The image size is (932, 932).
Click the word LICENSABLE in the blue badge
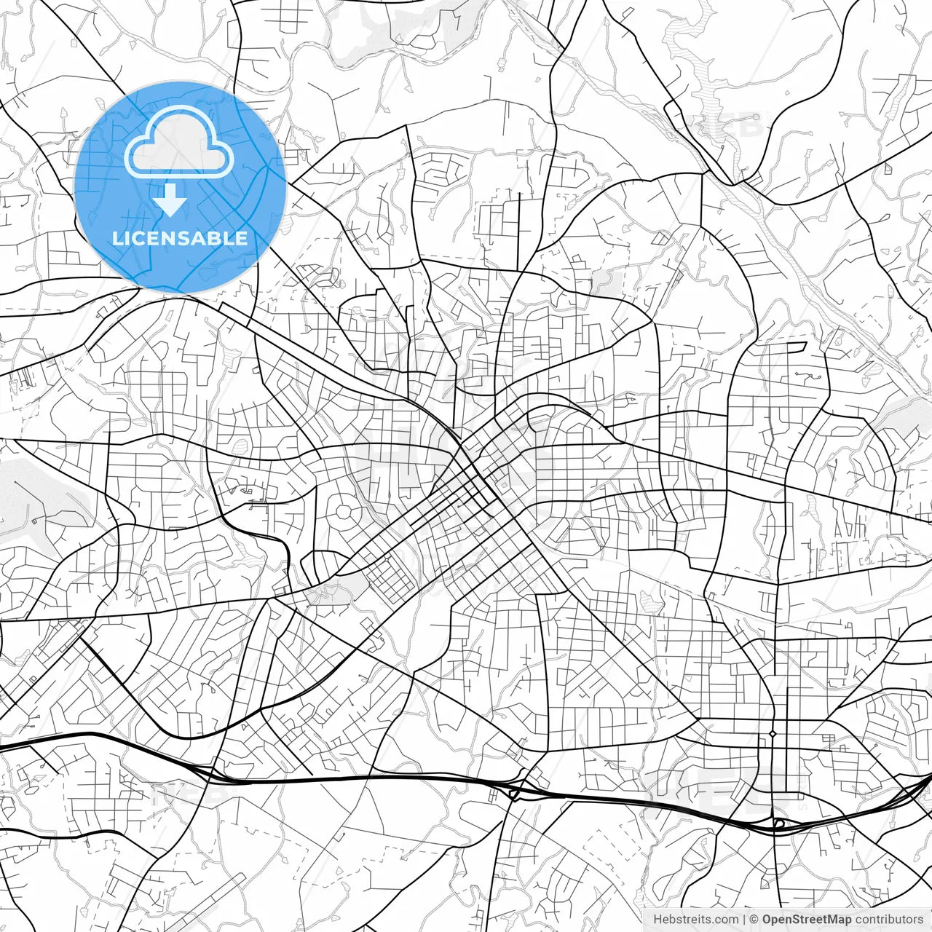pyautogui.click(x=180, y=238)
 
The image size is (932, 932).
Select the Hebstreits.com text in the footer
pyautogui.click(x=695, y=920)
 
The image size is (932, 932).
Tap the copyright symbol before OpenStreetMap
pyautogui.click(x=754, y=920)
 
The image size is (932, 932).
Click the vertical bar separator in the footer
pyautogui.click(x=743, y=920)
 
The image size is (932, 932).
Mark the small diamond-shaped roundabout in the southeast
pyautogui.click(x=773, y=733)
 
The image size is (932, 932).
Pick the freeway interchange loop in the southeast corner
pyautogui.click(x=778, y=824)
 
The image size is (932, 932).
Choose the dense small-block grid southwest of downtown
pyautogui.click(x=389, y=579)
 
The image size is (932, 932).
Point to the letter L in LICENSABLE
pyautogui.click(x=116, y=238)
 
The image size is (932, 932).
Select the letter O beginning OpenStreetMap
pyautogui.click(x=767, y=920)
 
